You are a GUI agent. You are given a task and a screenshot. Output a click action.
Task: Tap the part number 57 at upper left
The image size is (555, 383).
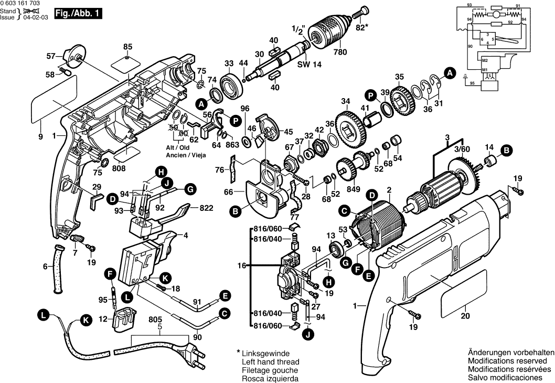click(x=50, y=56)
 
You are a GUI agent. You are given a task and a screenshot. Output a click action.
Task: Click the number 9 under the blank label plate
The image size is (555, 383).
click(x=40, y=137)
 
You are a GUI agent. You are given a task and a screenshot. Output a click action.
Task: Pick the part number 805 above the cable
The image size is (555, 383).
click(x=155, y=318)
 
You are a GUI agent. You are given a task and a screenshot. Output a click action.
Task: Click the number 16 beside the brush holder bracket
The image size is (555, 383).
click(x=241, y=267)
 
